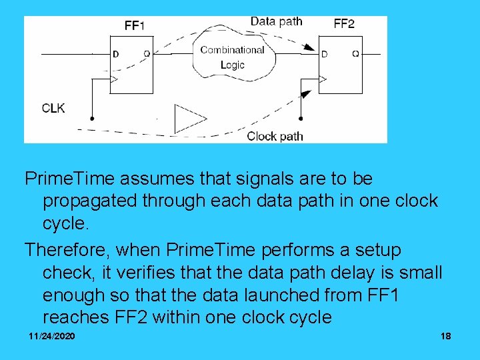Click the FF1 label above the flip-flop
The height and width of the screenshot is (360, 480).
(x=134, y=25)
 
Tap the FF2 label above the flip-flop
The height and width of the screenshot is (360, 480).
(x=344, y=24)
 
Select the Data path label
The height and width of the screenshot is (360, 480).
(x=276, y=21)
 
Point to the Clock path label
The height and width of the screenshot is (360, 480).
(x=275, y=136)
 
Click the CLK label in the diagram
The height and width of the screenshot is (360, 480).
(x=53, y=107)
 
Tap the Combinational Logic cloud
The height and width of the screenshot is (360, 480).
(x=232, y=57)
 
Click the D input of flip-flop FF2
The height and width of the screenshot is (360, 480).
(x=325, y=54)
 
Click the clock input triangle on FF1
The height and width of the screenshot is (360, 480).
(x=115, y=80)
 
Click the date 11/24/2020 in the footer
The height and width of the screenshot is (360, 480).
(x=52, y=336)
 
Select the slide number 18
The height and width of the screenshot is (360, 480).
(x=445, y=336)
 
